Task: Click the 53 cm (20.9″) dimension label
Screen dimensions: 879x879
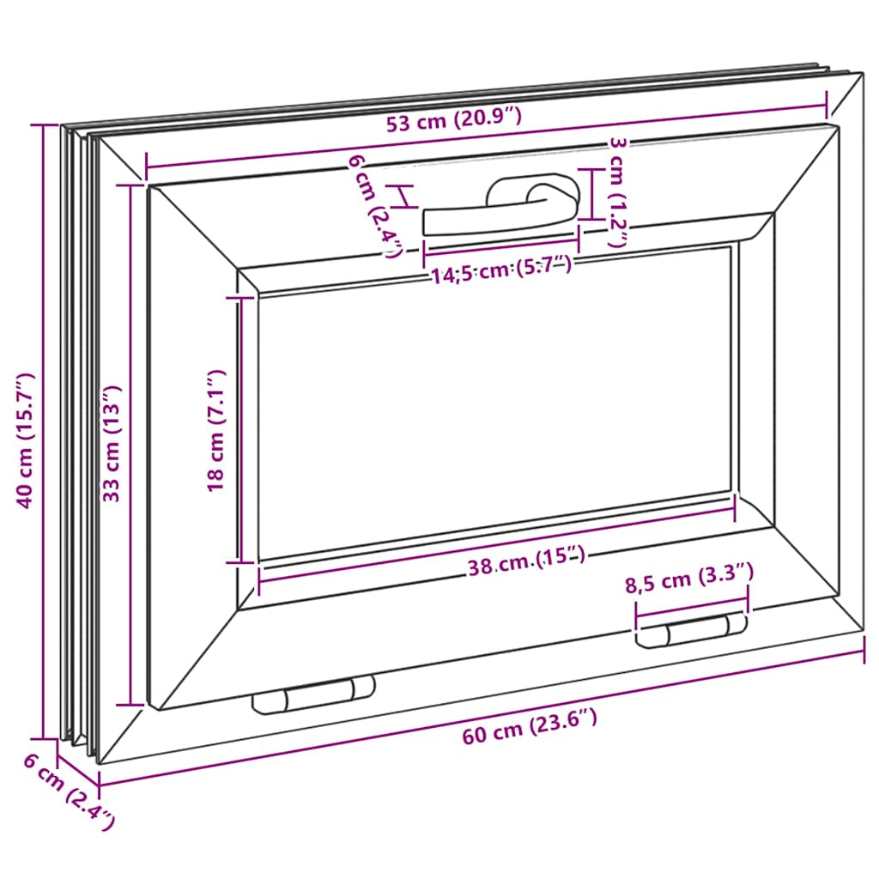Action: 454,120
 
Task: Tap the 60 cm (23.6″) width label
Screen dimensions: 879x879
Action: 530,727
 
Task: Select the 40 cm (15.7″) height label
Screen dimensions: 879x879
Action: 25,440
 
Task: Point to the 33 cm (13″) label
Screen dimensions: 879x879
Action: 112,443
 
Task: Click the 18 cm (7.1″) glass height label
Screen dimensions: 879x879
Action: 215,431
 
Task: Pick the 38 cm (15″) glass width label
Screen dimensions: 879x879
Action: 527,561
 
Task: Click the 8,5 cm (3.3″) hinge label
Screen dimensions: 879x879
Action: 689,578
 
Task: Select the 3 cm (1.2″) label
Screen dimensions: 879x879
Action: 617,192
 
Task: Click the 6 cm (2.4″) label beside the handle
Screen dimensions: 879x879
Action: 375,206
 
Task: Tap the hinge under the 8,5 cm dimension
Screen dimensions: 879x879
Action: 691,630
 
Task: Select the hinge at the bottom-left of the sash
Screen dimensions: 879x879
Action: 314,694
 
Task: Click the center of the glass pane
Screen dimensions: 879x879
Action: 494,403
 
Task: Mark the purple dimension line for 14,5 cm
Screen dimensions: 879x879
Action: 501,246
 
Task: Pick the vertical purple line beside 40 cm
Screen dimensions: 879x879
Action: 43,432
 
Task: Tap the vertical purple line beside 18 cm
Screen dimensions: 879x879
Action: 240,431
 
